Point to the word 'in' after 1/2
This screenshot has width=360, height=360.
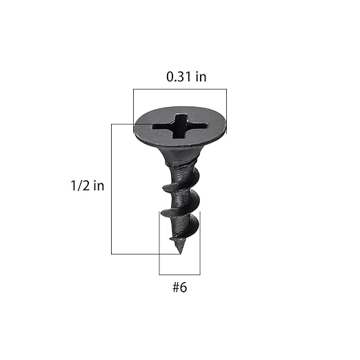pyautogui.click(x=98, y=186)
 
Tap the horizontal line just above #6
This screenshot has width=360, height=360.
pyautogui.click(x=179, y=274)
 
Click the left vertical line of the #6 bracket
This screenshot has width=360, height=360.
pyautogui.click(x=160, y=241)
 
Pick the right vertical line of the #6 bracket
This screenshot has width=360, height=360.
pyautogui.click(x=200, y=241)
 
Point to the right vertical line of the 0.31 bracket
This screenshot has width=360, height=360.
pyautogui.click(x=226, y=103)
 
